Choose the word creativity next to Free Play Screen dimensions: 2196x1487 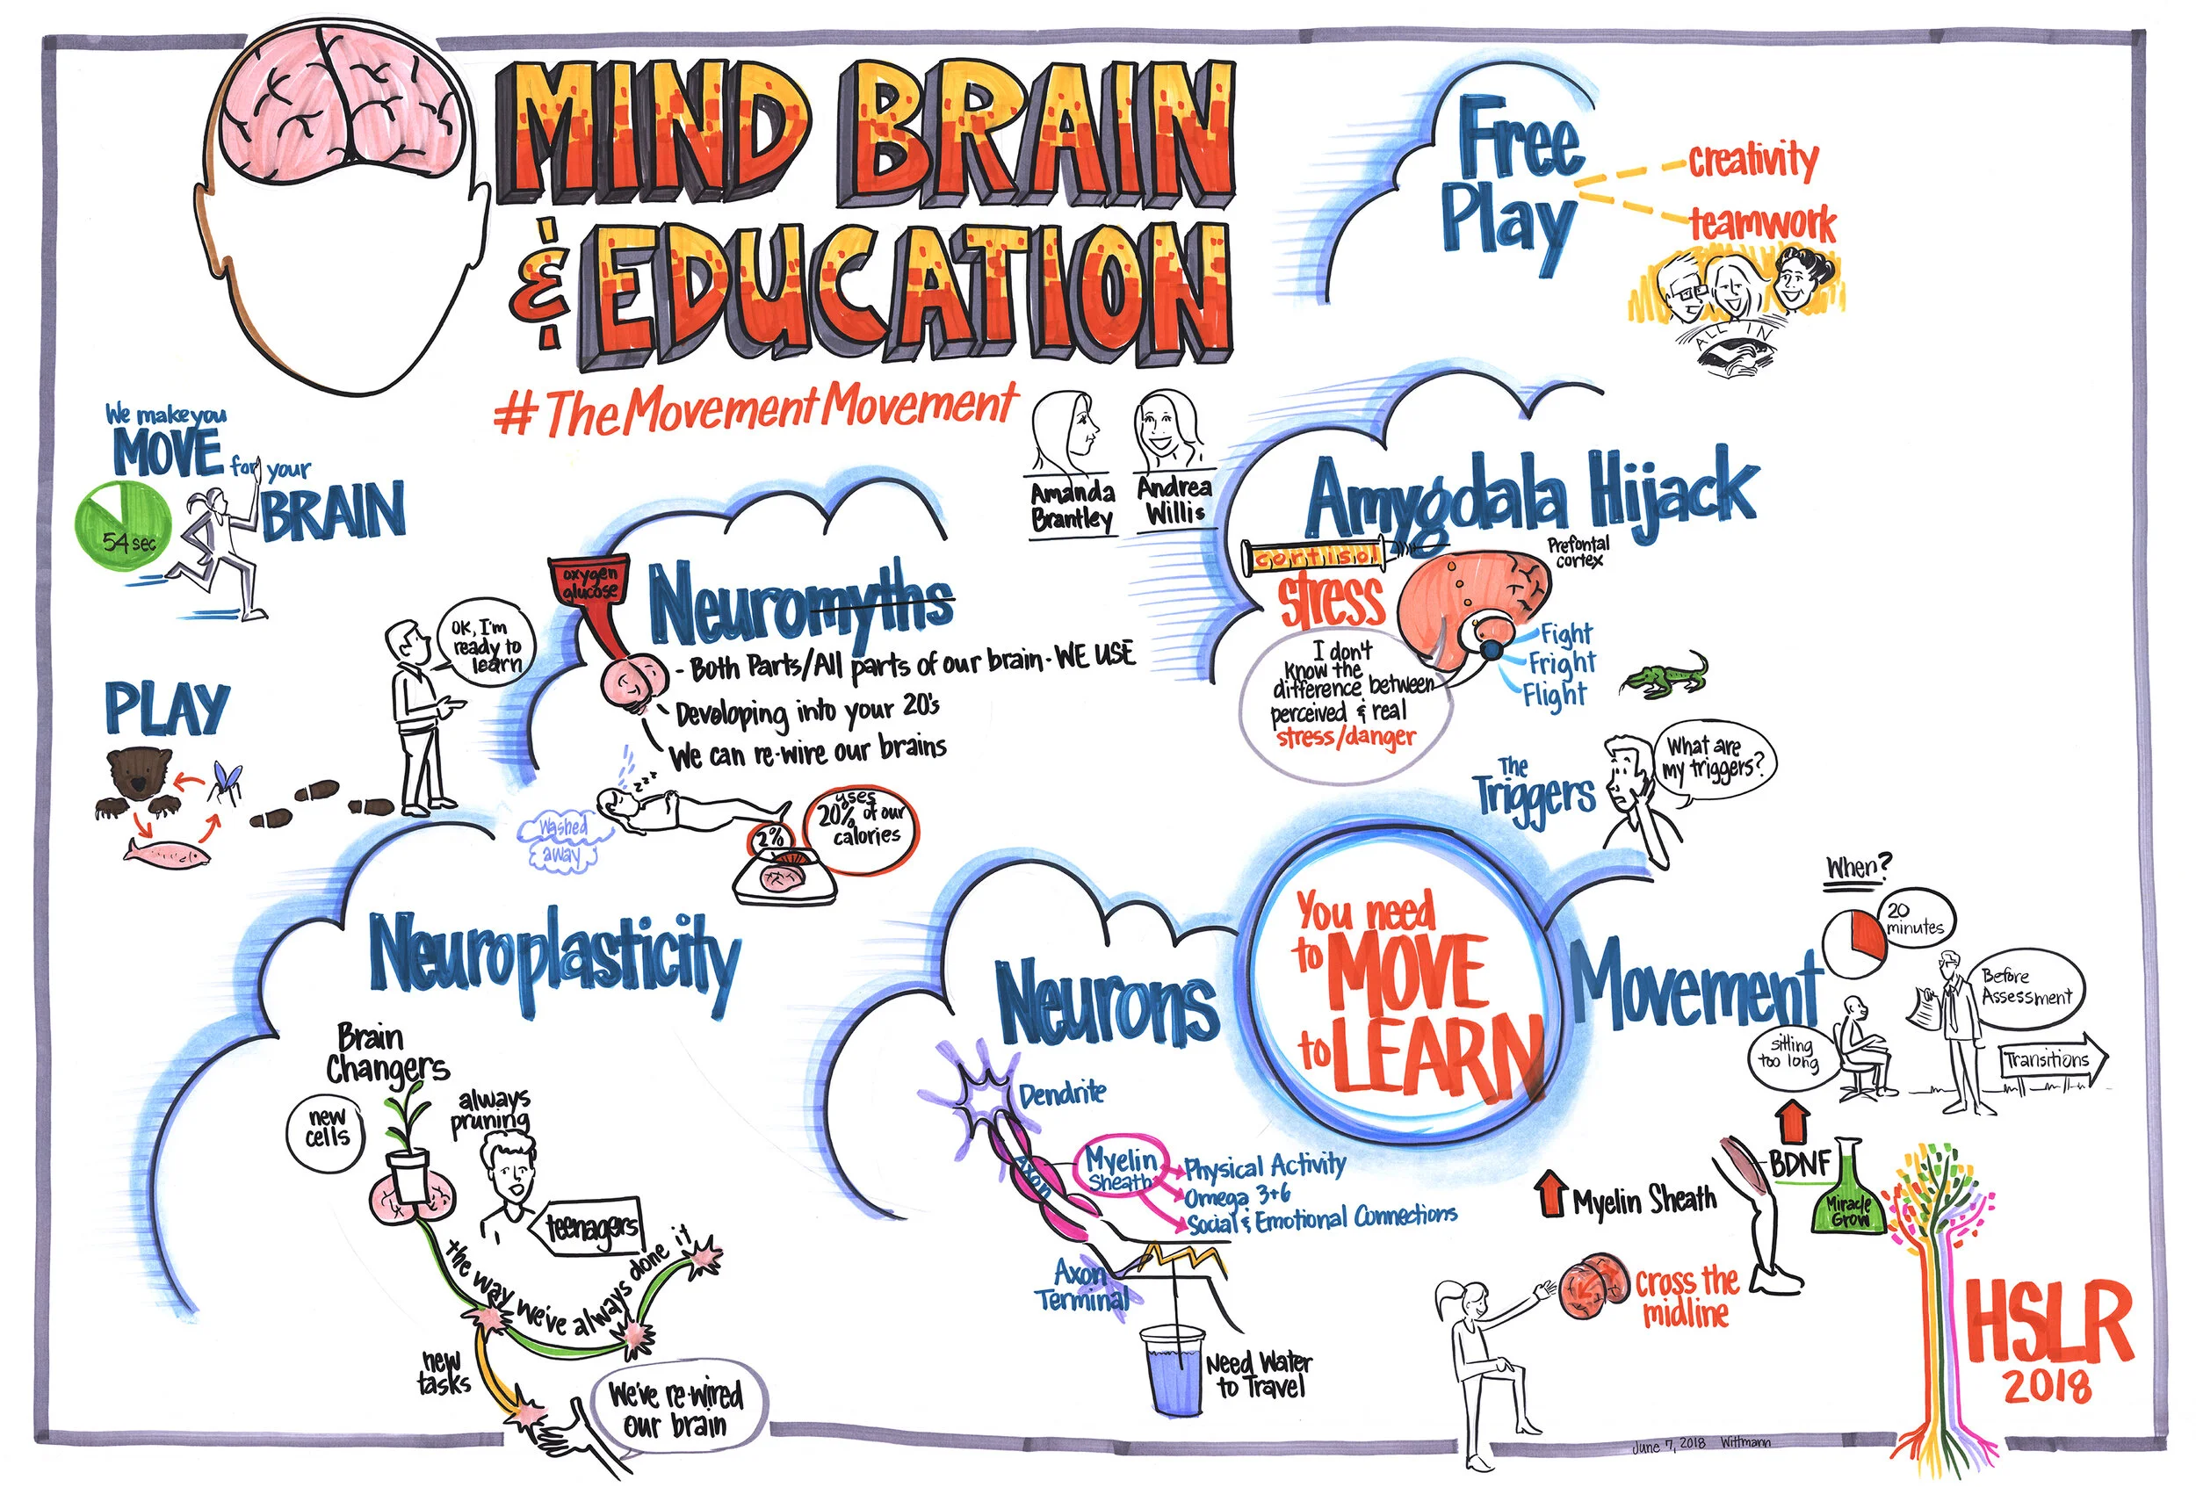coord(1752,161)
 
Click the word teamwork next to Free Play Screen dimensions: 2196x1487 coord(1763,225)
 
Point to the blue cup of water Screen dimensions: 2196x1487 coord(1172,1369)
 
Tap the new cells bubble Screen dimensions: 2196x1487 coord(326,1129)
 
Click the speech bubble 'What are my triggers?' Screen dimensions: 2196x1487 coord(1714,762)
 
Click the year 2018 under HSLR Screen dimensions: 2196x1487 coord(2047,1387)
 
